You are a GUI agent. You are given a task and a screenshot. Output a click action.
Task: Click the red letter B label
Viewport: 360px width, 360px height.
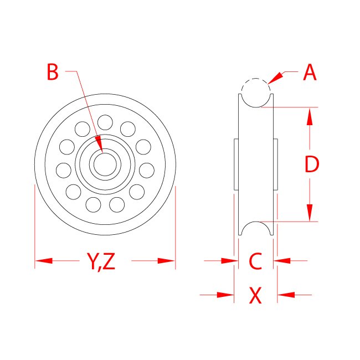click(53, 72)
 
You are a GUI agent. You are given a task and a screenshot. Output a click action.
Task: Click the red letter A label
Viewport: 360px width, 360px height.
click(310, 73)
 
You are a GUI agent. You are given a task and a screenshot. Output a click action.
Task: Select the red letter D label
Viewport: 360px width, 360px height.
click(312, 164)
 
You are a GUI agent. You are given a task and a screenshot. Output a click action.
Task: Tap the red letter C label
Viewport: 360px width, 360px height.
click(255, 261)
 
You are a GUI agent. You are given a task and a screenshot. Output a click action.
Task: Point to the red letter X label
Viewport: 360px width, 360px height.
click(255, 296)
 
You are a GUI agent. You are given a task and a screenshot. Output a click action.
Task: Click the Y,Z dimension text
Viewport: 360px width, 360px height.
click(101, 261)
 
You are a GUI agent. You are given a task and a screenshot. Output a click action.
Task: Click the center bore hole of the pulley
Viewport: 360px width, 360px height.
click(105, 164)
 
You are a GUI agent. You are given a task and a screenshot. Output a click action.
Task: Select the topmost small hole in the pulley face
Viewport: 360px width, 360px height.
click(105, 121)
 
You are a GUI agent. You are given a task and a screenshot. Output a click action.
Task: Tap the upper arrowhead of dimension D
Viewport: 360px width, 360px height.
click(310, 116)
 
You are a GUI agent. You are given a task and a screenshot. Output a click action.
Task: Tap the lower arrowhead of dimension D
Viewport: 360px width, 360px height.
click(310, 213)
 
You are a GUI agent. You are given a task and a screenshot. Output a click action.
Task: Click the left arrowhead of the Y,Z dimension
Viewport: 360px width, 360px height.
click(44, 260)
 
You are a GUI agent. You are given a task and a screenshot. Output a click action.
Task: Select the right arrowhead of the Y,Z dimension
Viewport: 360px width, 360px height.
click(166, 260)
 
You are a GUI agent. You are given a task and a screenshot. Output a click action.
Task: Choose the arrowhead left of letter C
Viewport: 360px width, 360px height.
click(229, 260)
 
